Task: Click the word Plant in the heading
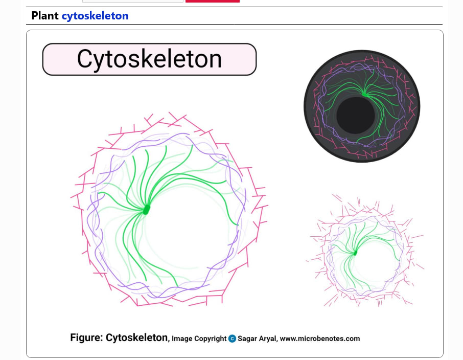click(x=45, y=16)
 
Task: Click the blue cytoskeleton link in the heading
click(x=95, y=16)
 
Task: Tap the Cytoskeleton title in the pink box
click(x=149, y=59)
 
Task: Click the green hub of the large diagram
click(x=146, y=210)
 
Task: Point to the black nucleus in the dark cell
click(x=356, y=115)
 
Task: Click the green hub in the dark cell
click(x=365, y=95)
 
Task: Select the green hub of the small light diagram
click(x=355, y=253)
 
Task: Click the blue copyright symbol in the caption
click(x=232, y=339)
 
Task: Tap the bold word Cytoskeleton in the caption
click(x=137, y=338)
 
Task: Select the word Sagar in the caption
click(x=247, y=339)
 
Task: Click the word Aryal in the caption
click(x=268, y=339)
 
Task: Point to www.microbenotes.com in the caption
click(x=320, y=339)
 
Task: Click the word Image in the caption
click(x=181, y=339)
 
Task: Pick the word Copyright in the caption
click(x=210, y=339)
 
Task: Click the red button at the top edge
click(x=213, y=1)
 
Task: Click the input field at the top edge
click(x=133, y=1)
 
